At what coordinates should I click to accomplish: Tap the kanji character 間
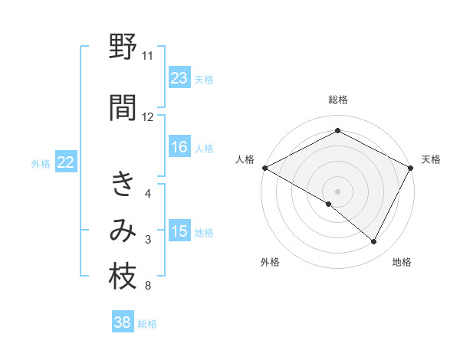(x=123, y=108)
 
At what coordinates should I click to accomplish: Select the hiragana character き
(x=123, y=185)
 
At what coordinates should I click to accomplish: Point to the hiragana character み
(x=123, y=231)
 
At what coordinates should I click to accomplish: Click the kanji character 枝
(x=123, y=277)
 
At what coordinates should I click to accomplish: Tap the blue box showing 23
(x=179, y=78)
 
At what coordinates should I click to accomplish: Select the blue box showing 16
(x=179, y=148)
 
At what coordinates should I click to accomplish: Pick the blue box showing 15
(x=179, y=231)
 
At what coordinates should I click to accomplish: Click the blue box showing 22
(x=66, y=162)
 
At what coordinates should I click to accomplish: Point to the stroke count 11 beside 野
(x=147, y=56)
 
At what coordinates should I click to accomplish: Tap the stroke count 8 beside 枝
(x=147, y=286)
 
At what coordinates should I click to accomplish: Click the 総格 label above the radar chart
(x=338, y=100)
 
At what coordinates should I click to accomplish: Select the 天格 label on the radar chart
(x=431, y=159)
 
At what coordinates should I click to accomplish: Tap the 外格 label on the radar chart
(x=270, y=262)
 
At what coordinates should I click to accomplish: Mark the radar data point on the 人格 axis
(x=264, y=167)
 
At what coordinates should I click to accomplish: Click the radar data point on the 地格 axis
(x=374, y=242)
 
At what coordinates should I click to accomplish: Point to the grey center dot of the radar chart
(x=337, y=191)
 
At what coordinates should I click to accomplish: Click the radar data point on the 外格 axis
(x=329, y=204)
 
